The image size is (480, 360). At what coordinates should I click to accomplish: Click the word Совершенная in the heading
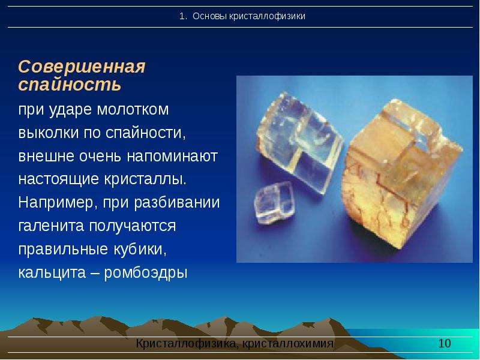[x=82, y=67]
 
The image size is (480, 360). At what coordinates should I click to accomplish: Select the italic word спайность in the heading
[x=70, y=84]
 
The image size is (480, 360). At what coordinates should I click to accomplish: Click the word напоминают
[x=172, y=157]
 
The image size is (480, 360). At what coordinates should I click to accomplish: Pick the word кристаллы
[x=145, y=179]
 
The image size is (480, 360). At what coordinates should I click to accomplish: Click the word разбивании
[x=177, y=203]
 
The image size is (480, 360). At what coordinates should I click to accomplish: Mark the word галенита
[x=51, y=226]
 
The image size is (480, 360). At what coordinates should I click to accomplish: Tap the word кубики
[x=140, y=249]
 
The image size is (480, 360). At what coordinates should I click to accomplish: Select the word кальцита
[x=52, y=273]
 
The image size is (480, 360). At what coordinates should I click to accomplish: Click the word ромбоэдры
[x=146, y=273]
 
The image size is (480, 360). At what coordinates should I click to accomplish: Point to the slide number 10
[x=445, y=343]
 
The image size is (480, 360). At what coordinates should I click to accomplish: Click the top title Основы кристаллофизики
[x=249, y=16]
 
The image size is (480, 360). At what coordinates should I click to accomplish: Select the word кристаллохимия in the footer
[x=288, y=343]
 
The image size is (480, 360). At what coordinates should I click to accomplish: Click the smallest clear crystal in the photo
[x=275, y=203]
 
